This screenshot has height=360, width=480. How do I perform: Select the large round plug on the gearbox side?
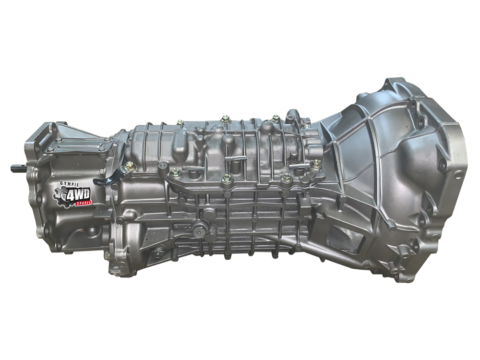tap(199, 231)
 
